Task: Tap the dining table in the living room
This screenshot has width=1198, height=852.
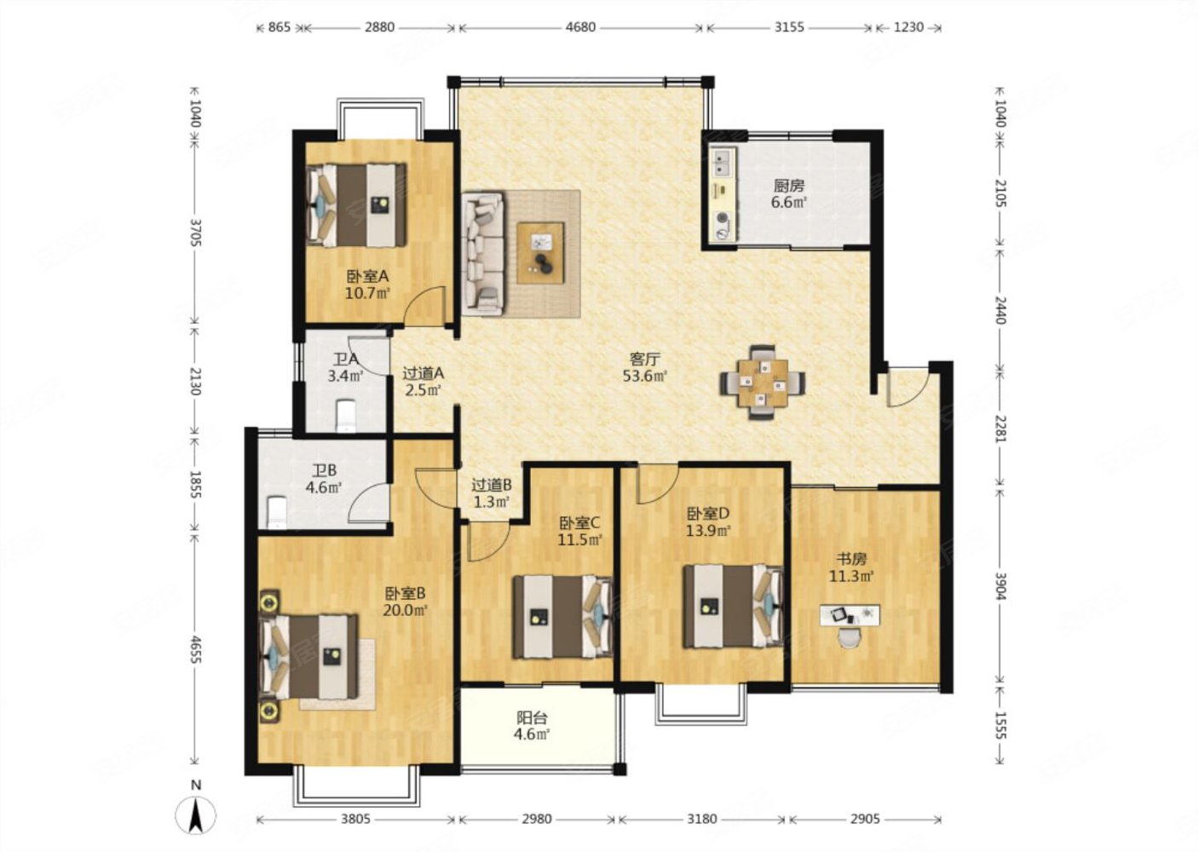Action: pyautogui.click(x=762, y=383)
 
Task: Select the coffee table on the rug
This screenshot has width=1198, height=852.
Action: pyautogui.click(x=540, y=252)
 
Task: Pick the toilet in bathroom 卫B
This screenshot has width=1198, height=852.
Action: pyautogui.click(x=277, y=512)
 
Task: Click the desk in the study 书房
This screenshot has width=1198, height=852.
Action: pyautogui.click(x=850, y=614)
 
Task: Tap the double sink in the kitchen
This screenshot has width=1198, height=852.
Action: pyautogui.click(x=723, y=163)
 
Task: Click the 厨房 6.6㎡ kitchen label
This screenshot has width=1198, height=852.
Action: pyautogui.click(x=788, y=193)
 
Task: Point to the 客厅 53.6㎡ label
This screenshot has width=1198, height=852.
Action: pyautogui.click(x=644, y=367)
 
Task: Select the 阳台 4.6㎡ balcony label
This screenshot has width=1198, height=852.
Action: pyautogui.click(x=532, y=726)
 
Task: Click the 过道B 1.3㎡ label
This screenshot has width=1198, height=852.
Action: pyautogui.click(x=491, y=493)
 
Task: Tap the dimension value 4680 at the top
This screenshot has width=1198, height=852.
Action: pyautogui.click(x=580, y=26)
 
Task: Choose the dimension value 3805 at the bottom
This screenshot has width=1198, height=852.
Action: pyautogui.click(x=355, y=819)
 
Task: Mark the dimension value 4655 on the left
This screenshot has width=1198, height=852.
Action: pyautogui.click(x=195, y=649)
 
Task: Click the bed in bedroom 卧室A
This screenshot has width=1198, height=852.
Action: pyautogui.click(x=356, y=205)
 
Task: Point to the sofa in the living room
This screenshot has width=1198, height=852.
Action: pyautogui.click(x=483, y=252)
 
